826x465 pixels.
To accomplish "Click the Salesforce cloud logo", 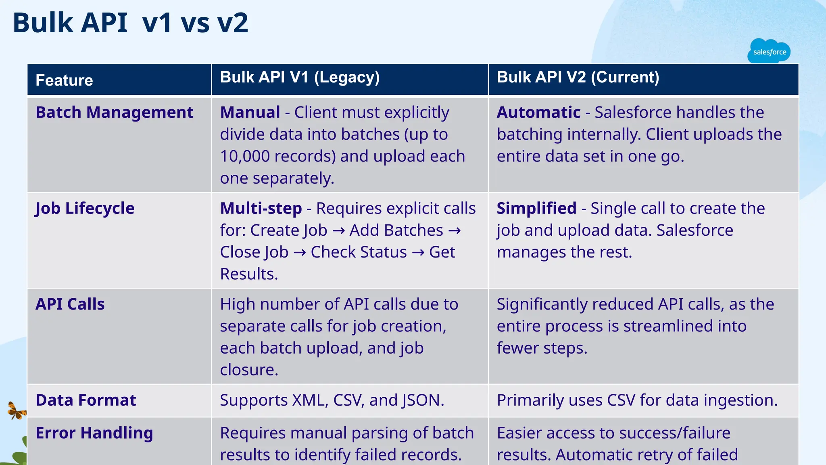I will [x=769, y=52].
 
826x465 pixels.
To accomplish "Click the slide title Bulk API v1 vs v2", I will [x=130, y=23].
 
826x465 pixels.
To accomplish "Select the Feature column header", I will [x=64, y=80].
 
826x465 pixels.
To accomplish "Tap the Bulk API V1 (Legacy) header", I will [x=300, y=77].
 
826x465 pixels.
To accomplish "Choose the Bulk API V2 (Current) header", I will [x=578, y=77].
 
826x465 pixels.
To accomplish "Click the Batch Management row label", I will [x=115, y=112].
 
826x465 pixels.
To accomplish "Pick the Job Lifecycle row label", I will [x=85, y=208].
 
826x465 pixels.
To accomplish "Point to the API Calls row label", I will [x=70, y=304].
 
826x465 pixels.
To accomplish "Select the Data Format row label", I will [x=86, y=400].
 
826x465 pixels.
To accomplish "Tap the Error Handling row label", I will [x=94, y=433].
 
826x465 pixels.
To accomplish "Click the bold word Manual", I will [x=250, y=112].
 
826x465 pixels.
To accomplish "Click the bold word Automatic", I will [x=538, y=112].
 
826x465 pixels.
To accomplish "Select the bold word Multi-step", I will [x=261, y=208].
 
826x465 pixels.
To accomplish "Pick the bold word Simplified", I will [x=536, y=208].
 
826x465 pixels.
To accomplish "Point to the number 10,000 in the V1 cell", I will [x=244, y=156].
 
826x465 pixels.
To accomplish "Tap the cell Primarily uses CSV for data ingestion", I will [x=637, y=400].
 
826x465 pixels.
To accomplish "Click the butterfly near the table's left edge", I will [x=17, y=411].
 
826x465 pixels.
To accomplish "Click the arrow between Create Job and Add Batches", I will [x=338, y=231].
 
